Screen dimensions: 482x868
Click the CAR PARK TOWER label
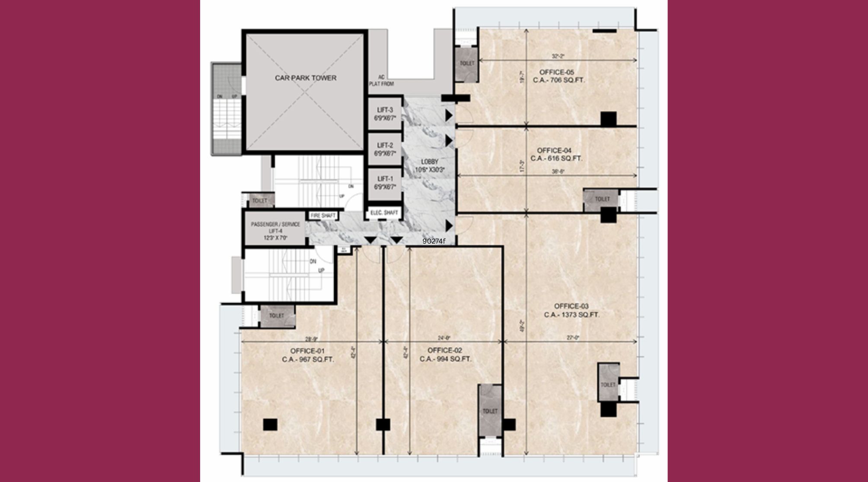305,78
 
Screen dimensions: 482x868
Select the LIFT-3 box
385,114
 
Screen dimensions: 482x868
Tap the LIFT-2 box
385,149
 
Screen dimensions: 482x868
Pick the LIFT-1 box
385,183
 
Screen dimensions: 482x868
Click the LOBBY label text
429,166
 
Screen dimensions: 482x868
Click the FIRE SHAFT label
323,216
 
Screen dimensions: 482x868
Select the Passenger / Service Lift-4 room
275,231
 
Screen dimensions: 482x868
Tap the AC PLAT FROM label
381,80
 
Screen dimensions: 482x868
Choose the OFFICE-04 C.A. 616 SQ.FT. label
559,155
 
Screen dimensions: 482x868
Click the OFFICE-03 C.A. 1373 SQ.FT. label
571,311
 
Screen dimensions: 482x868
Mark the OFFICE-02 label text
445,355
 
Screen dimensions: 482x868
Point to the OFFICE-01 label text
307,355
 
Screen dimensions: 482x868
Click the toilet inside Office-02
490,410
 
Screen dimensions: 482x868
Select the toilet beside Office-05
466,63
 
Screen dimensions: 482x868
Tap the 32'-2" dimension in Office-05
558,56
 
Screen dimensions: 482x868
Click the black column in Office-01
270,425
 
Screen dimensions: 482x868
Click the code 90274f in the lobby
434,241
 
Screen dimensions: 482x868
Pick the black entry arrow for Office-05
449,115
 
